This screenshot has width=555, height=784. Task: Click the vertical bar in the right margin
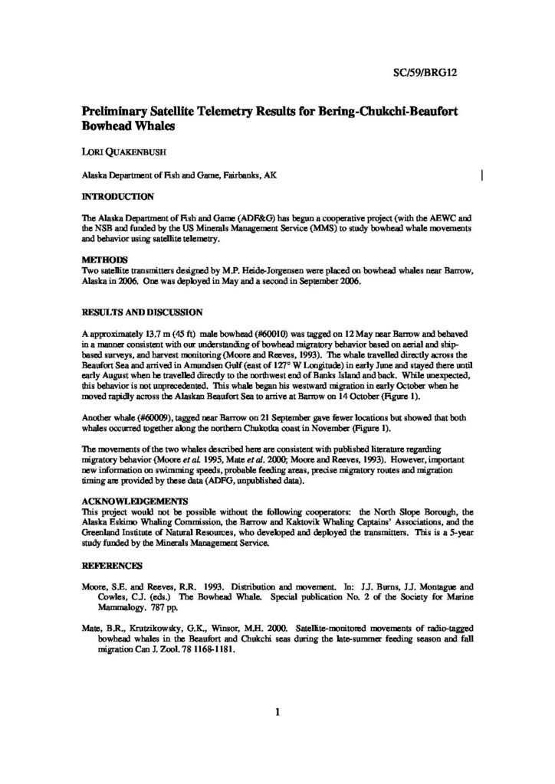tap(481, 175)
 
